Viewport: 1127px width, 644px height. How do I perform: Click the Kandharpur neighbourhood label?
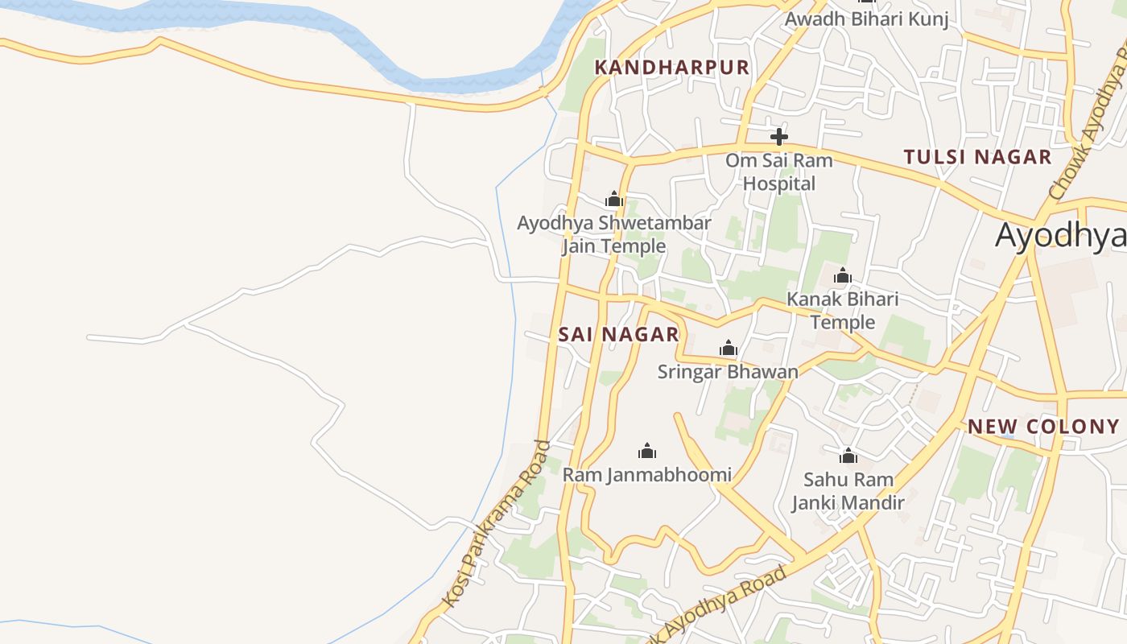coord(671,68)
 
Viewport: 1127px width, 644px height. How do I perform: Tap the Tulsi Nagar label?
coord(977,157)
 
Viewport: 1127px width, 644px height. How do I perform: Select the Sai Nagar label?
coord(618,335)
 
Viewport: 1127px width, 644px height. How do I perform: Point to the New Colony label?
coord(1043,427)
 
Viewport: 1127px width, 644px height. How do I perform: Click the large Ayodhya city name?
coord(1060,236)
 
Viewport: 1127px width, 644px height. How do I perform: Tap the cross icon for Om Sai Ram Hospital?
coord(778,136)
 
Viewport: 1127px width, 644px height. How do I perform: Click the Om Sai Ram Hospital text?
coord(778,171)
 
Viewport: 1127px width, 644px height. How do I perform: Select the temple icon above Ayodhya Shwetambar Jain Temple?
coord(614,199)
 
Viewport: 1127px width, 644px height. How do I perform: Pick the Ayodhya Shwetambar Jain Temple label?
coord(613,234)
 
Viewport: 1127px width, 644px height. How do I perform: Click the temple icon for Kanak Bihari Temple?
coord(843,276)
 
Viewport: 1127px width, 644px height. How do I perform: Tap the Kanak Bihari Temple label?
coord(842,311)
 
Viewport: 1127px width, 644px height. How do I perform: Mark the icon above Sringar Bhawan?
coord(729,348)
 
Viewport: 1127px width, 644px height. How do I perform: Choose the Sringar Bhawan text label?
coord(728,372)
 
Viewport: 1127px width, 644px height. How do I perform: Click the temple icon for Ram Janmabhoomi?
coord(647,451)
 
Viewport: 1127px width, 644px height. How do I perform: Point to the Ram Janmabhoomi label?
coord(647,475)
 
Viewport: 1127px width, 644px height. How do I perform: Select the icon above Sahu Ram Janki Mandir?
coord(848,456)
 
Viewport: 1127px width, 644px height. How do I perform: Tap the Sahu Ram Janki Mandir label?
coord(848,492)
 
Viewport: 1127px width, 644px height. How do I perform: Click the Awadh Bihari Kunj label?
coord(866,19)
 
